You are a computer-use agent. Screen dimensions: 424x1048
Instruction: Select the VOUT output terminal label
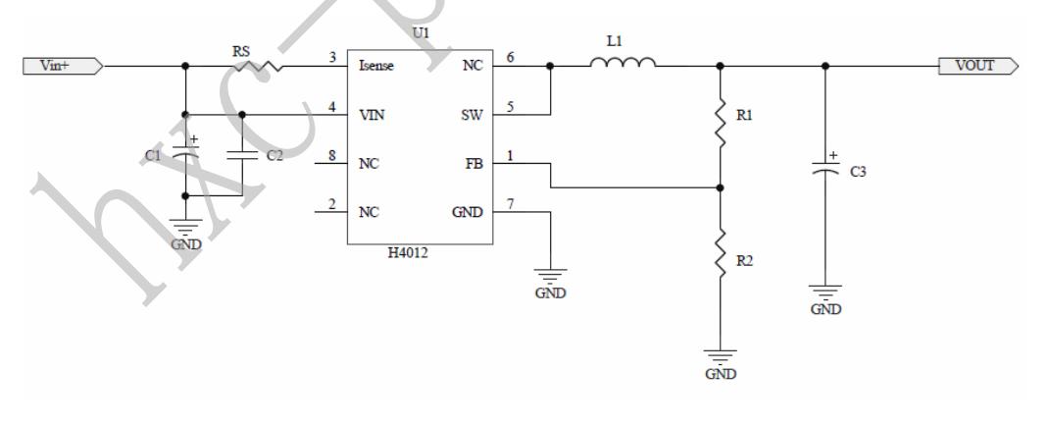point(978,66)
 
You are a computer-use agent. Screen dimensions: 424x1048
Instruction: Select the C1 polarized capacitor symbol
point(185,153)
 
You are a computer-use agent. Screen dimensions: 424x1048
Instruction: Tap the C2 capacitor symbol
point(242,154)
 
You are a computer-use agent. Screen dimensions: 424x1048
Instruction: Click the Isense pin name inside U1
point(376,66)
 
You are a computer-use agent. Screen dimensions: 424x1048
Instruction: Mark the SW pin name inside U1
point(472,115)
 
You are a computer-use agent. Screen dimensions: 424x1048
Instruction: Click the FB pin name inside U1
point(474,164)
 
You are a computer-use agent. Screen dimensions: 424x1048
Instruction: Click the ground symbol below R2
point(721,359)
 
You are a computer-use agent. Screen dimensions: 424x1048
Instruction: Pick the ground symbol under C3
point(825,291)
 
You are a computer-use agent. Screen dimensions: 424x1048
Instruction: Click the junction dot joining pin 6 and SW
point(551,67)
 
